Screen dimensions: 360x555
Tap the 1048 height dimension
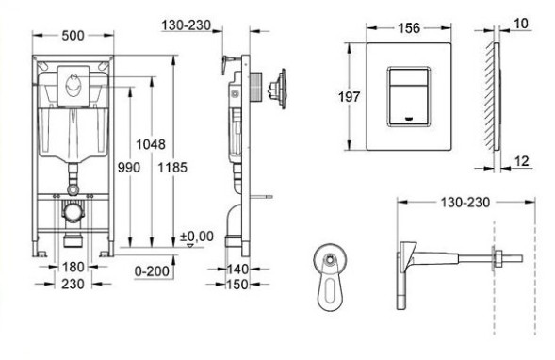point(151,144)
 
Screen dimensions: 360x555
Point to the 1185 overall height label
point(172,167)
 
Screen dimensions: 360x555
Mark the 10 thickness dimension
point(522,22)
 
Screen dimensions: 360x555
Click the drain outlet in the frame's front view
point(72,212)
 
